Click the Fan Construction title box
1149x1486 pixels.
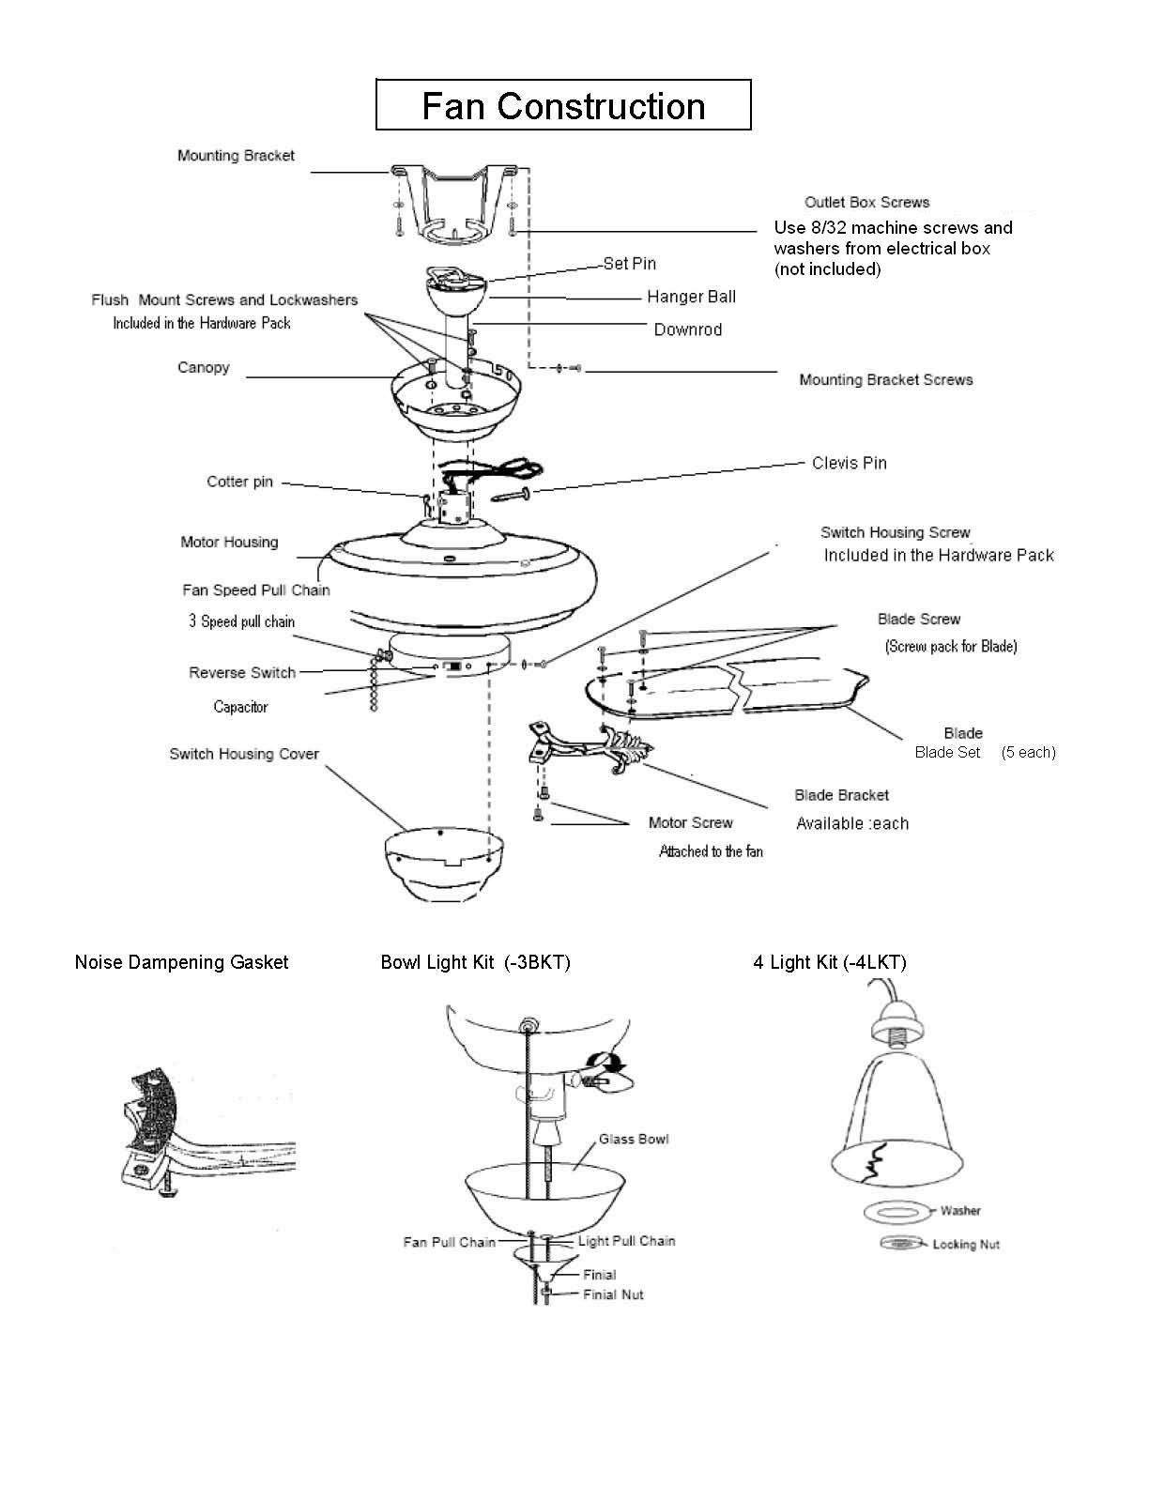click(x=563, y=105)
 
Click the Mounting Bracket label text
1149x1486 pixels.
click(x=236, y=156)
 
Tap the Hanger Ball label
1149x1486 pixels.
click(x=691, y=297)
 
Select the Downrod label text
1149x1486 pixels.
click(x=687, y=329)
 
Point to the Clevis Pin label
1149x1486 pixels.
click(x=849, y=463)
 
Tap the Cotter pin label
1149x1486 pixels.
click(x=239, y=482)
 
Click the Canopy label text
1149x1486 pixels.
click(x=204, y=367)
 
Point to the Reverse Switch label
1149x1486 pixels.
click(x=242, y=672)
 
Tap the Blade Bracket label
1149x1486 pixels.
click(x=841, y=795)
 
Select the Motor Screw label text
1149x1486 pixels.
click(x=690, y=822)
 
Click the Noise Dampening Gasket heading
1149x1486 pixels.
click(x=181, y=962)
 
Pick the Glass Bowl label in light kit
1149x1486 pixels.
click(x=634, y=1139)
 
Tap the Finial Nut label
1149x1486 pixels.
click(x=613, y=1295)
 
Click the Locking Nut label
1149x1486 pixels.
click(x=966, y=1244)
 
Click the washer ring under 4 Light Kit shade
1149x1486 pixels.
click(x=898, y=1212)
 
